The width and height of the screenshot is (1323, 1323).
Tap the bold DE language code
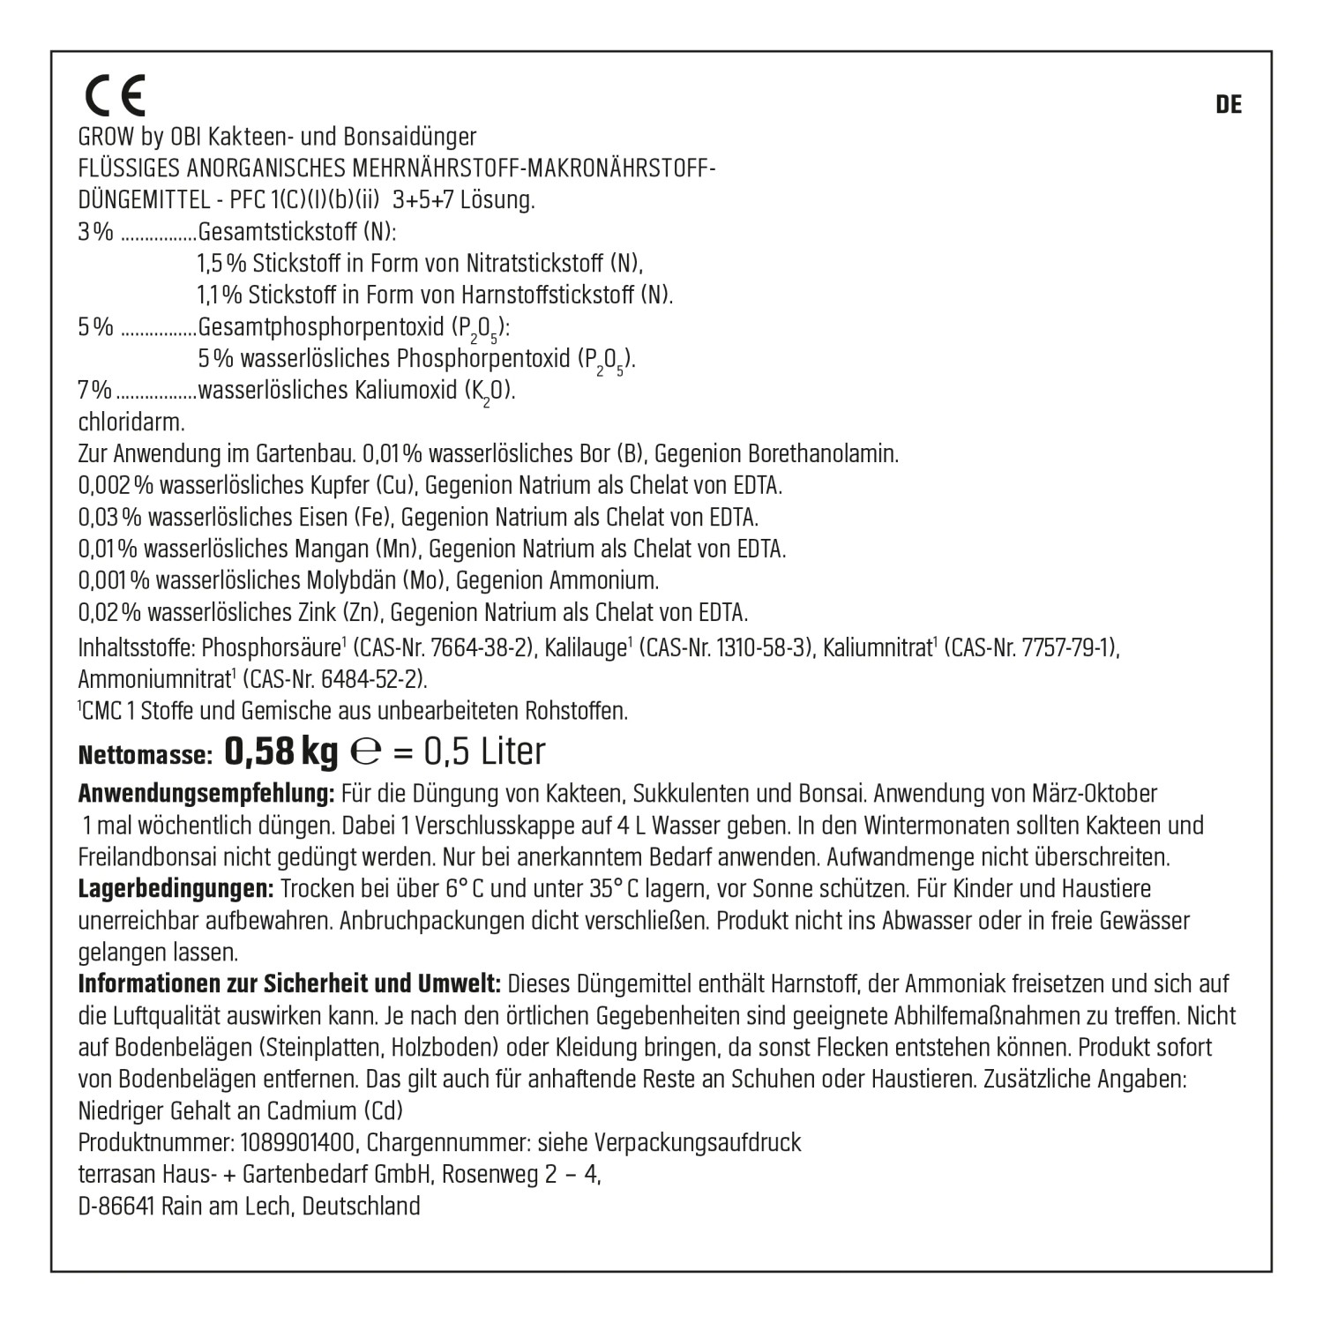[x=1229, y=105]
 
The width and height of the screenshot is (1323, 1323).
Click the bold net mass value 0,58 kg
[x=281, y=751]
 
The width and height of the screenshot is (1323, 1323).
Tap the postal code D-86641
[x=117, y=1207]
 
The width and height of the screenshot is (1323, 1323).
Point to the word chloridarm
[x=131, y=422]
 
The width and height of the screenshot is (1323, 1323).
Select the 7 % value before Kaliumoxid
[x=95, y=391]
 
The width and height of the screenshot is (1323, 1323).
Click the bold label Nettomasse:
[x=146, y=755]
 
